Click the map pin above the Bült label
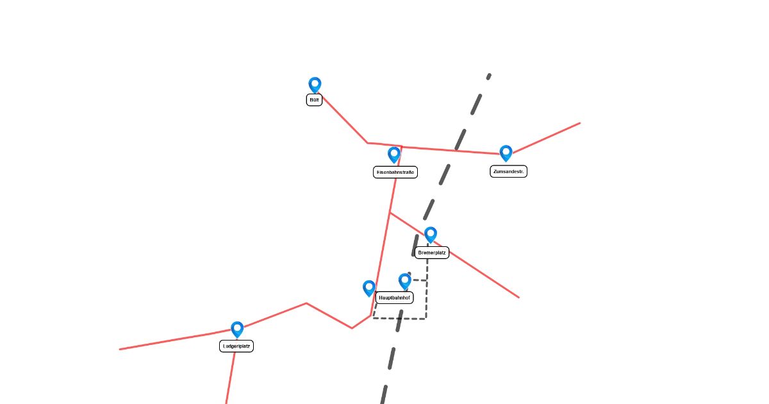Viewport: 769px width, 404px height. pos(315,84)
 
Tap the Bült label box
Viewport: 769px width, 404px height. pos(314,100)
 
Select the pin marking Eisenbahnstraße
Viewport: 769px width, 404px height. pos(394,154)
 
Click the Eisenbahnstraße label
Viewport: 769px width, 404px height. pos(395,172)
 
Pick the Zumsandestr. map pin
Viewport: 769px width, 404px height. pos(506,152)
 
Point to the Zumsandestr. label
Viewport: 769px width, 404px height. pos(508,171)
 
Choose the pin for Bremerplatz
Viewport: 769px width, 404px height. pos(431,234)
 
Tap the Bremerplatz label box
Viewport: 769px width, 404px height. pos(432,253)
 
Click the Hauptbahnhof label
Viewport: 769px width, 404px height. pos(394,298)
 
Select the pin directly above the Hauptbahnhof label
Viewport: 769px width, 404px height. pos(404,280)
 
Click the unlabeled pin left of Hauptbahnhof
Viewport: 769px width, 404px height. pos(368,287)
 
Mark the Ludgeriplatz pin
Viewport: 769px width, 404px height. pos(237,329)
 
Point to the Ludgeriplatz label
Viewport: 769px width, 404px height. pos(236,346)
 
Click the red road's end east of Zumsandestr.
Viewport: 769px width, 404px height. pos(579,123)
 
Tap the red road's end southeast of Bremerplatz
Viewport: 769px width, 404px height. pos(518,298)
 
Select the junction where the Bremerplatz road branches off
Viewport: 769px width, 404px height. pos(390,212)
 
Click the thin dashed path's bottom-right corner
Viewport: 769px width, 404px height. pos(426,318)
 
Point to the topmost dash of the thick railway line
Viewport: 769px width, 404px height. pos(488,76)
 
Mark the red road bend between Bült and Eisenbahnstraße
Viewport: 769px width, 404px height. pos(367,143)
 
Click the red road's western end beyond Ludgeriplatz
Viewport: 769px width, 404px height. pos(120,349)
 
